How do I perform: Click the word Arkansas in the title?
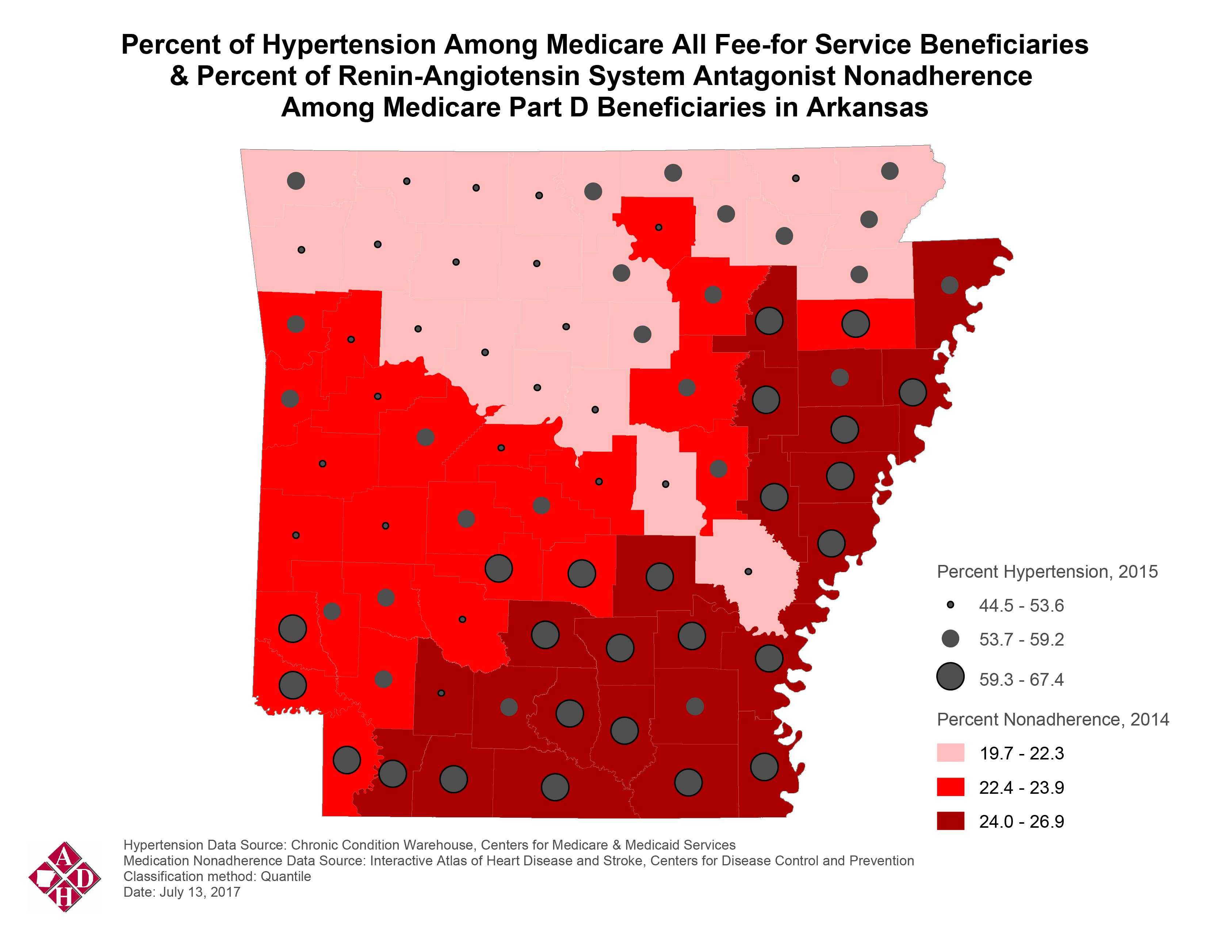(x=867, y=108)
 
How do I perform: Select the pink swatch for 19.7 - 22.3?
(x=950, y=753)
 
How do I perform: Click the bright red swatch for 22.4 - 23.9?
(x=950, y=787)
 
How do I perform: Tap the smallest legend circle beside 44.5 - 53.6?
(x=950, y=605)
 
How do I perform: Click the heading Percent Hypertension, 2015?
(x=1047, y=572)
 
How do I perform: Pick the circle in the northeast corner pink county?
(x=890, y=171)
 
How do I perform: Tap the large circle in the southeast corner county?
(x=764, y=767)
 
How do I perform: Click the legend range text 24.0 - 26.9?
(x=1021, y=822)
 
